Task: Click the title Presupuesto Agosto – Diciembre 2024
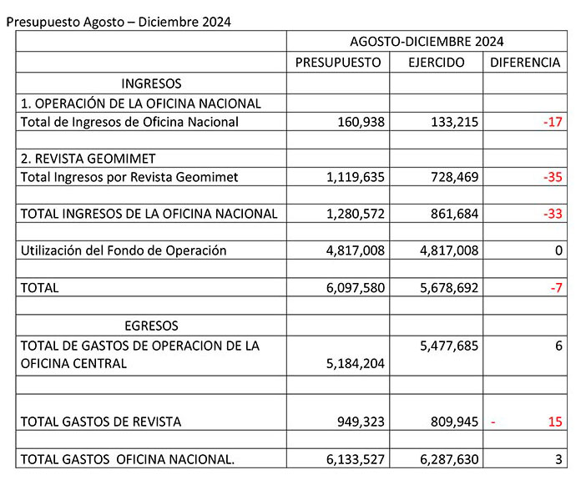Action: [x=118, y=21]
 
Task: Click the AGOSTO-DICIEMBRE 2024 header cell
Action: [x=427, y=41]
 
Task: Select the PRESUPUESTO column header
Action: [x=338, y=63]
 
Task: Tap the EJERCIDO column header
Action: [x=437, y=63]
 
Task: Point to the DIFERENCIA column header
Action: [x=525, y=63]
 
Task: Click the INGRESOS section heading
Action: [x=151, y=83]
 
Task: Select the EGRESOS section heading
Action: [x=151, y=326]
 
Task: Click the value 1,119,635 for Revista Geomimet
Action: [x=351, y=177]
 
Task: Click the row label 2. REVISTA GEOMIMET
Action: [x=88, y=158]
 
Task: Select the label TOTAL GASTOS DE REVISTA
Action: [x=100, y=422]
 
